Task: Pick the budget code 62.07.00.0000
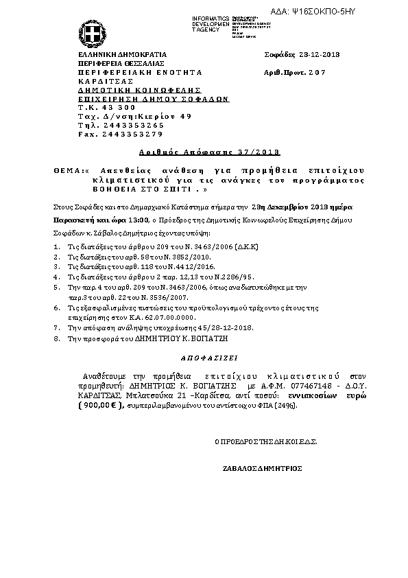click(165, 319)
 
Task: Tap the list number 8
click(56, 338)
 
